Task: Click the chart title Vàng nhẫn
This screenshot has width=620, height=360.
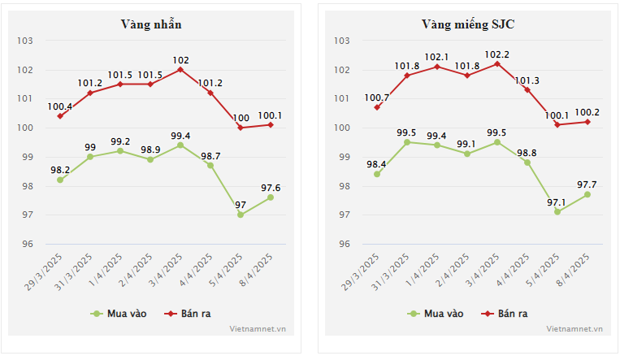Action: click(x=150, y=24)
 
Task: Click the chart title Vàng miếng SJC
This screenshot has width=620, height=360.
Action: click(x=468, y=24)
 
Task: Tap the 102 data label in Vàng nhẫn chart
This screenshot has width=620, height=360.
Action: click(x=180, y=59)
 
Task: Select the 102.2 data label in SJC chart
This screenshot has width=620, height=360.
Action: click(x=497, y=54)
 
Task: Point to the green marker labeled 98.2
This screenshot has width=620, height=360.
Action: click(x=60, y=180)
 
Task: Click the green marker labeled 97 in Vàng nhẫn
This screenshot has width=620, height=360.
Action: click(x=241, y=215)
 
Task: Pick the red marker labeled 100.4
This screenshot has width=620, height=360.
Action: click(x=60, y=116)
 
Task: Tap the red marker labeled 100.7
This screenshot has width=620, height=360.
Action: click(x=377, y=107)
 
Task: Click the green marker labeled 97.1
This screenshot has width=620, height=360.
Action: click(x=557, y=211)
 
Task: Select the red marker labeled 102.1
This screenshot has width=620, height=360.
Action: click(x=437, y=67)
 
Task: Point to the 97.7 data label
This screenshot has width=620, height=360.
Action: click(x=587, y=184)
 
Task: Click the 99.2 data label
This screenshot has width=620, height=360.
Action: click(x=120, y=141)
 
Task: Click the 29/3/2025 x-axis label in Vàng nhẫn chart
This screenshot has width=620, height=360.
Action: click(x=46, y=274)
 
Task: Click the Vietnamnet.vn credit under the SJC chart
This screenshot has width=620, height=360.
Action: click(x=574, y=329)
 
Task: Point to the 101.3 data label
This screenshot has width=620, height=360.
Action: click(x=528, y=80)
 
